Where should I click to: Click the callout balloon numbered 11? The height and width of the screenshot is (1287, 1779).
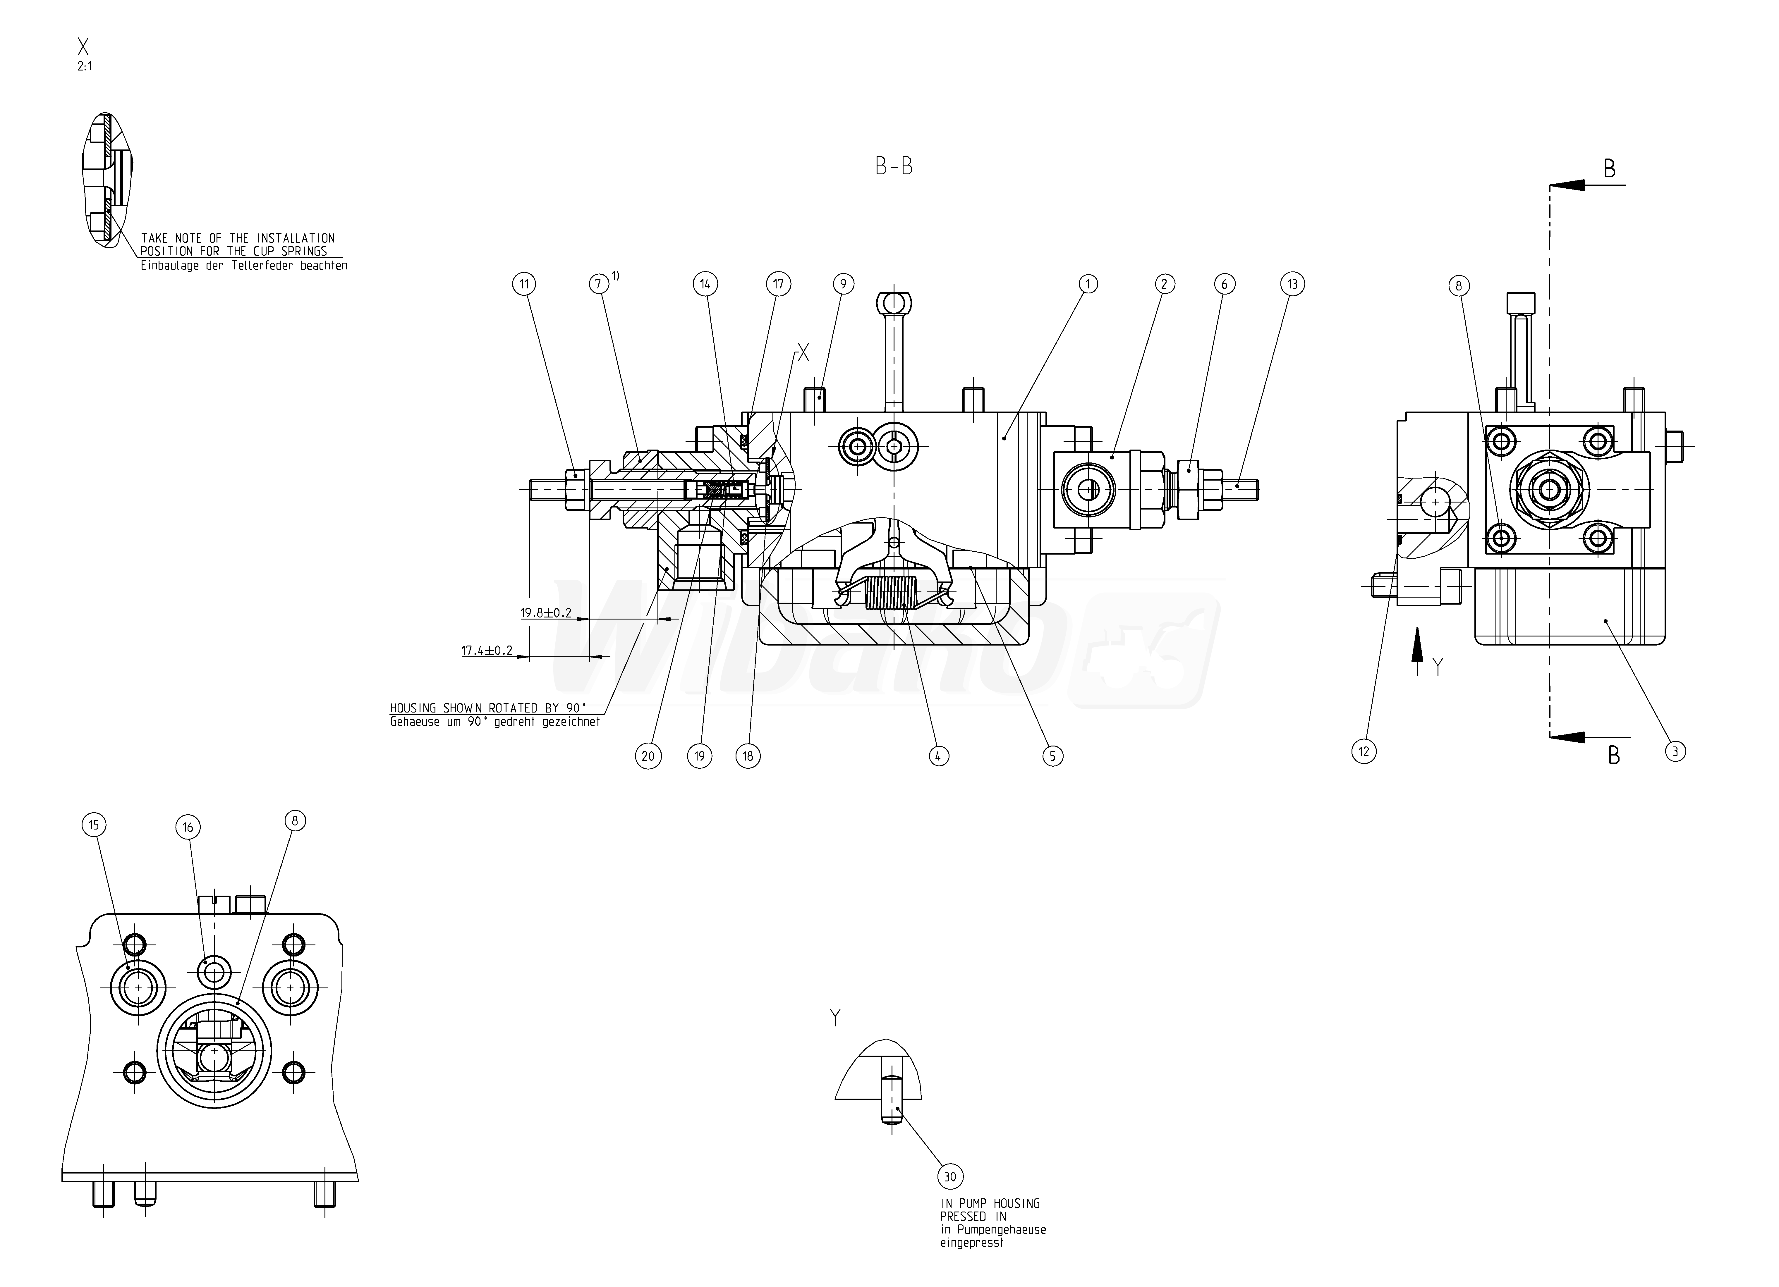tap(524, 284)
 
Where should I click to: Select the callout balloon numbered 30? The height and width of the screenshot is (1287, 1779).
tap(950, 1176)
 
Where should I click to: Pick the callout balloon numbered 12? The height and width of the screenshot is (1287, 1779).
tap(1364, 751)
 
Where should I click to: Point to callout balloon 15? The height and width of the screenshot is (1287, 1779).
tap(93, 825)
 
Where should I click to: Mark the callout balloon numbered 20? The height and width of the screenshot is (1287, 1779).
tap(648, 756)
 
